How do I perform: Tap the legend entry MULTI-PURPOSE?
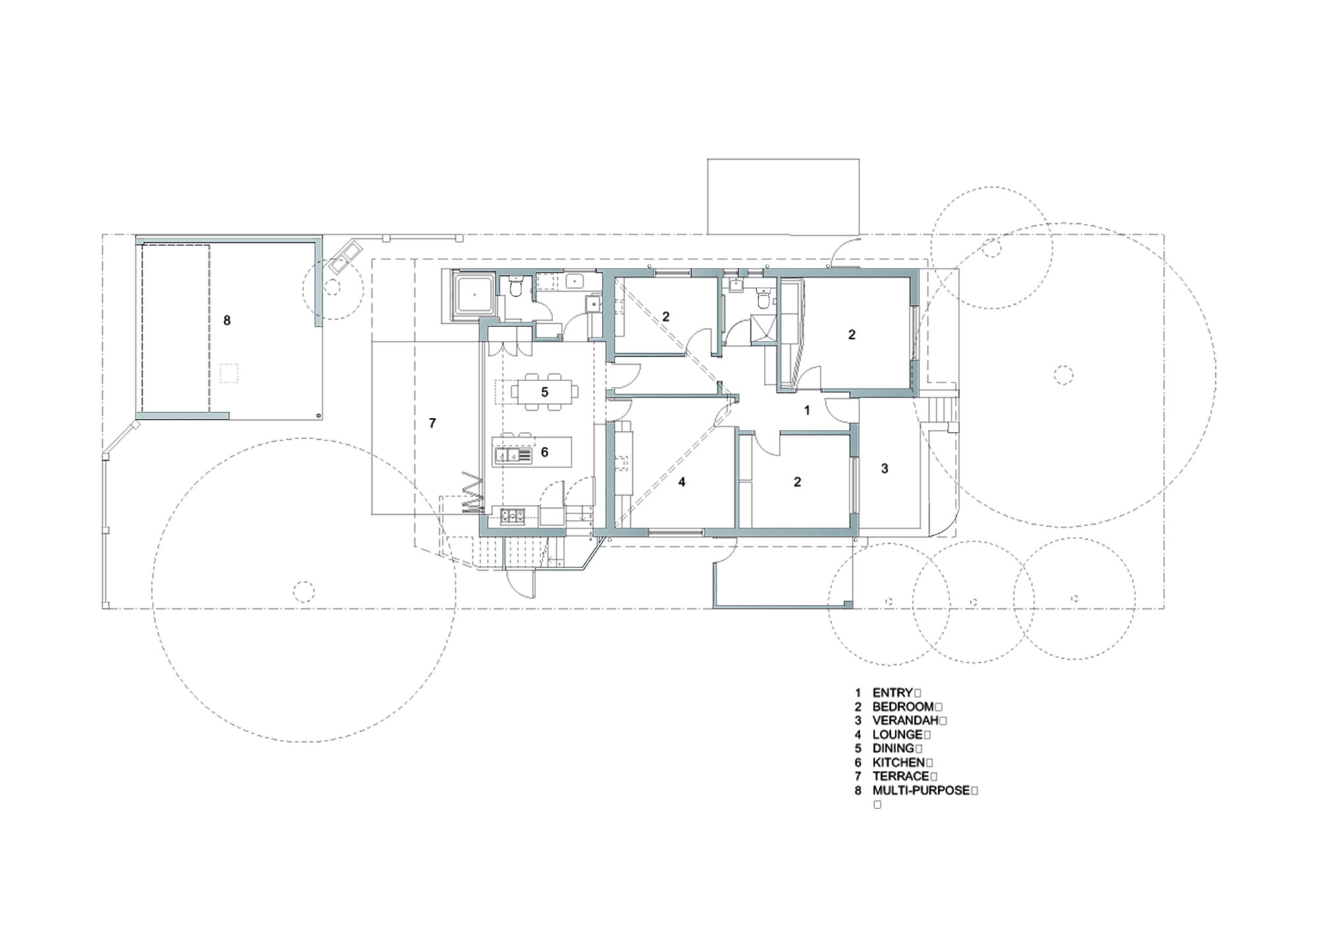[921, 791]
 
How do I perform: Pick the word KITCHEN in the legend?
[898, 762]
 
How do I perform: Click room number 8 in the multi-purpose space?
[227, 321]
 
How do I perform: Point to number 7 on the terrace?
[433, 423]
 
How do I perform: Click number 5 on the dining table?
[545, 392]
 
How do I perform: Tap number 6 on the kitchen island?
[545, 452]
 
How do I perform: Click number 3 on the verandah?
[884, 468]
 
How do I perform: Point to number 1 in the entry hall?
[807, 410]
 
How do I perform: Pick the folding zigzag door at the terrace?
[473, 492]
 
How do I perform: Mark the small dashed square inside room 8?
[228, 374]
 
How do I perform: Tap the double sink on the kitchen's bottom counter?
[512, 515]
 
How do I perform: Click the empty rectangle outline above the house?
[783, 196]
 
